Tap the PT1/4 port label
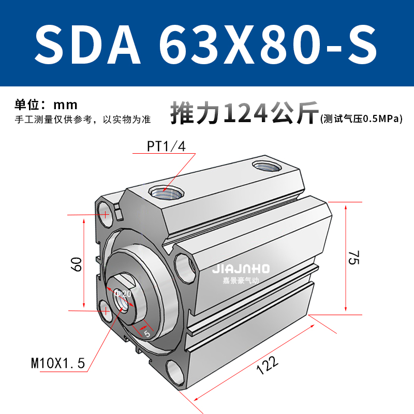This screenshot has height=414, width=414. click(166, 146)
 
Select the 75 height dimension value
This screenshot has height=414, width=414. click(353, 257)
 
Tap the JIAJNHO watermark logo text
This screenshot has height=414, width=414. click(241, 269)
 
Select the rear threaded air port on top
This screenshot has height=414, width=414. click(265, 166)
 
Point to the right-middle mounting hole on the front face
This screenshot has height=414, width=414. click(185, 265)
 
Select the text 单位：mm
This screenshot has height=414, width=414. click(46, 105)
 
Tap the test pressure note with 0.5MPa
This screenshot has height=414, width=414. click(361, 120)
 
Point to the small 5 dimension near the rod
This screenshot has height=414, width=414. click(146, 334)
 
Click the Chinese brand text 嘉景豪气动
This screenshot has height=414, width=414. click(241, 281)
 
